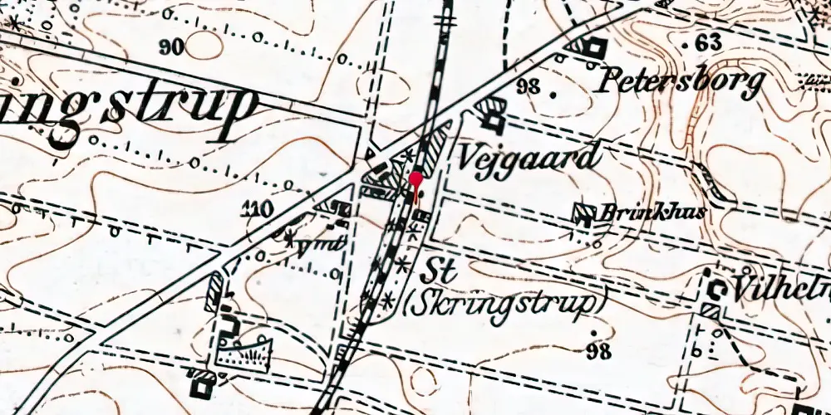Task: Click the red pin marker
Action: click(x=415, y=179)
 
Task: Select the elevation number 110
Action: click(x=255, y=209)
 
